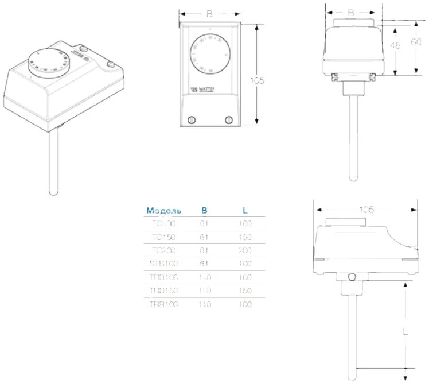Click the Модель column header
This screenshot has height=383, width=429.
pyautogui.click(x=164, y=210)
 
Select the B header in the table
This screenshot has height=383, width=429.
pyautogui.click(x=204, y=210)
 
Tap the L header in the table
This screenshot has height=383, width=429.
pyautogui.click(x=245, y=210)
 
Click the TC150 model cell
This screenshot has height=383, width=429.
pyautogui.click(x=165, y=237)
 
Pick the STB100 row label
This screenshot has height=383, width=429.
pyautogui.click(x=165, y=264)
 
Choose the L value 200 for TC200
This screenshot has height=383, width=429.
pyautogui.click(x=245, y=250)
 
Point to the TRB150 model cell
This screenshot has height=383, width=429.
pyautogui.click(x=165, y=291)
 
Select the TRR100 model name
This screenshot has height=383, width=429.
pyautogui.click(x=165, y=305)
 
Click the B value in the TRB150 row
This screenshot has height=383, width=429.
pyautogui.click(x=205, y=291)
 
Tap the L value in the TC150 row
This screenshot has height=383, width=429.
pyautogui.click(x=245, y=237)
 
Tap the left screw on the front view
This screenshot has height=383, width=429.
pyautogui.click(x=192, y=119)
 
